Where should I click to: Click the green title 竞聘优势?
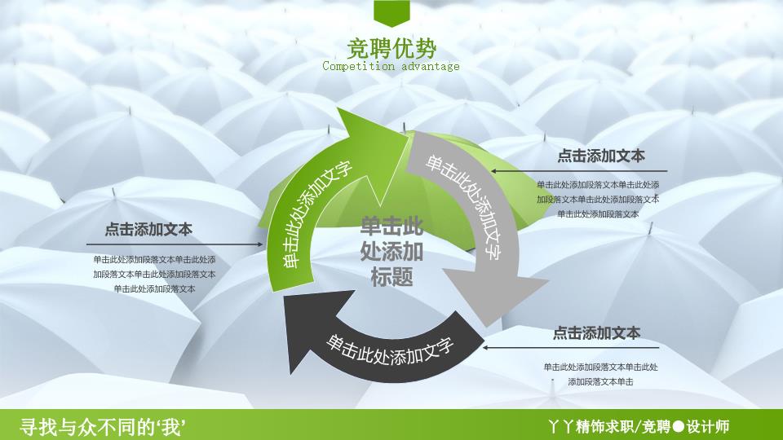point(391,49)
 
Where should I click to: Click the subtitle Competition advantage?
point(391,66)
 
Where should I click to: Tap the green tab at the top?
point(391,13)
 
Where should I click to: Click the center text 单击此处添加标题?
point(391,252)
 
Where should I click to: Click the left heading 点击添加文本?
point(148,230)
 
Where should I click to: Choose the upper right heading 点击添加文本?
point(601,156)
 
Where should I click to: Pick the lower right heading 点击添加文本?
point(596,332)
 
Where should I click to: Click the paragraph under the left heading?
point(154,275)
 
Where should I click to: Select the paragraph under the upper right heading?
point(598,200)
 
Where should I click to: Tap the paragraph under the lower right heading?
point(601,374)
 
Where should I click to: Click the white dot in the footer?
point(678,426)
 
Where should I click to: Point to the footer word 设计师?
point(708,426)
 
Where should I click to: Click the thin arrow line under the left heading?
point(175,244)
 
